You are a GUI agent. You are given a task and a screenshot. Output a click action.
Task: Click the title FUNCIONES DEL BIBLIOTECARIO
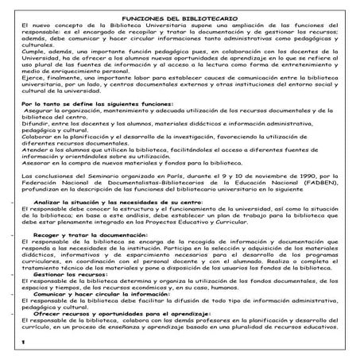click(180, 17)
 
